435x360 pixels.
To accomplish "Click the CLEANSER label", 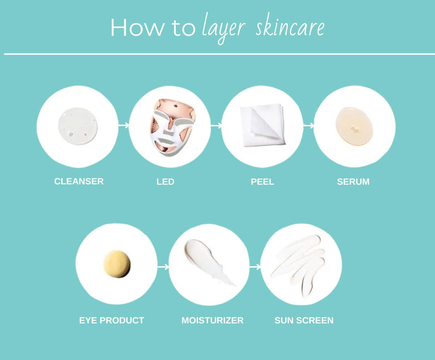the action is (x=79, y=181).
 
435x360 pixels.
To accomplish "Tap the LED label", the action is (x=165, y=182).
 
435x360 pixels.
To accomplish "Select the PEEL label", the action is (x=262, y=182).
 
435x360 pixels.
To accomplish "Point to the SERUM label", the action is (x=353, y=182).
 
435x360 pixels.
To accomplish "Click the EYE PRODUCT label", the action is (x=112, y=321).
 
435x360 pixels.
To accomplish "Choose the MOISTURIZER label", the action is (x=212, y=321).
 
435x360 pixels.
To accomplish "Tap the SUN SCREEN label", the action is (x=304, y=321).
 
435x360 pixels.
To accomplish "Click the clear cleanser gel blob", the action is (x=78, y=126).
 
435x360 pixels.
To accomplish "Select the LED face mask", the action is (x=173, y=127).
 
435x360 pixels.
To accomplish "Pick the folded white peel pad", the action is (x=263, y=125).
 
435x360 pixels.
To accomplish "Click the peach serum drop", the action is (x=354, y=126).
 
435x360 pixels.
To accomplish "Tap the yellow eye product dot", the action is (x=117, y=264).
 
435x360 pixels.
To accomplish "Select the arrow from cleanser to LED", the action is (x=124, y=125).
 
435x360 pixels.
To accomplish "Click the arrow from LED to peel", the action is (x=216, y=126).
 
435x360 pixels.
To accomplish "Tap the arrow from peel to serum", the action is (x=308, y=126).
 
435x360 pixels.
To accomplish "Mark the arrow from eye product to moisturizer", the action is (x=163, y=267).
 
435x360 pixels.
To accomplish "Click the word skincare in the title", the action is (x=290, y=27).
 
